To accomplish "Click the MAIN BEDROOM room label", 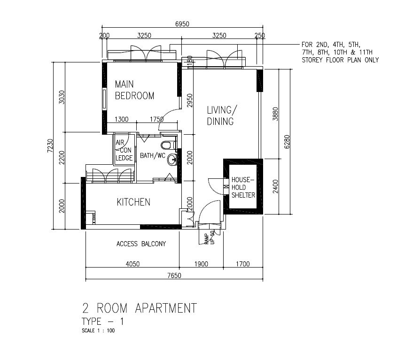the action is point(134,90).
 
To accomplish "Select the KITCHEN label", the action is point(134,202).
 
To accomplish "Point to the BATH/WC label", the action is point(153,155).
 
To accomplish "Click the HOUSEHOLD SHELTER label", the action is point(243,187).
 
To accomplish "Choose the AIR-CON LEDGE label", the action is point(124,150).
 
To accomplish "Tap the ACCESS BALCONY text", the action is point(141,244).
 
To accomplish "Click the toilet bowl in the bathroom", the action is point(167,145).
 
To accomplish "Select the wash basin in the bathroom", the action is point(172,160).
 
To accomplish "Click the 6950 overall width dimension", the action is point(182,24).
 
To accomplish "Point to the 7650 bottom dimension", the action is point(174,275).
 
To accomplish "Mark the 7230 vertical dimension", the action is point(50,146).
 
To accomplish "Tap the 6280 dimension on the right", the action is point(287,142).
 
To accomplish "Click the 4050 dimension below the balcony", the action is point(132,264).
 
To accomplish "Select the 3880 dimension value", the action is point(275,114).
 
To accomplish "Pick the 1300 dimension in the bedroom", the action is point(122,119).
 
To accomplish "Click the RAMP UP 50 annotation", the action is point(210,238).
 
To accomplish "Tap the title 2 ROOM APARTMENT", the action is point(140,308).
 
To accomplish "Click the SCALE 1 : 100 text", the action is point(98,330).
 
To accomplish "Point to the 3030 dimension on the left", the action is point(62,97).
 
